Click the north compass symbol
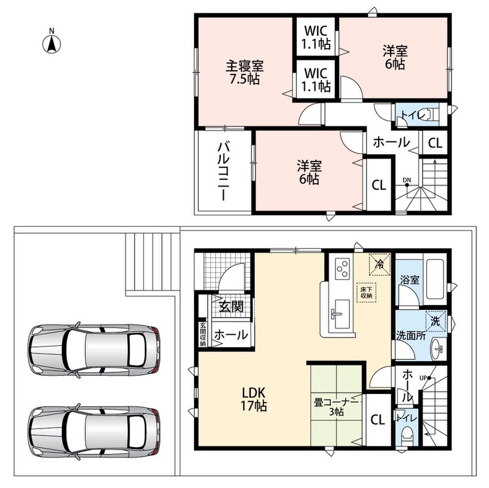[x=51, y=44]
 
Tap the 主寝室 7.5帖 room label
[x=245, y=73]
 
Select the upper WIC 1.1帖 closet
[x=316, y=37]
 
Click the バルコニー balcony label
[x=224, y=171]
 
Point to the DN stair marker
[x=407, y=182]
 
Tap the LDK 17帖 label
[x=254, y=399]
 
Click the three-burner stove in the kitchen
[x=343, y=268]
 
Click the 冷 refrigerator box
[x=379, y=265]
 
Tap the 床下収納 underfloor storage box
[x=366, y=292]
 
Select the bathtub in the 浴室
[x=435, y=279]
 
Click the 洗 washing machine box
[x=435, y=321]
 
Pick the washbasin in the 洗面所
[x=438, y=348]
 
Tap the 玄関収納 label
[x=203, y=334]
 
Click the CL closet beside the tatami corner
[x=377, y=420]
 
